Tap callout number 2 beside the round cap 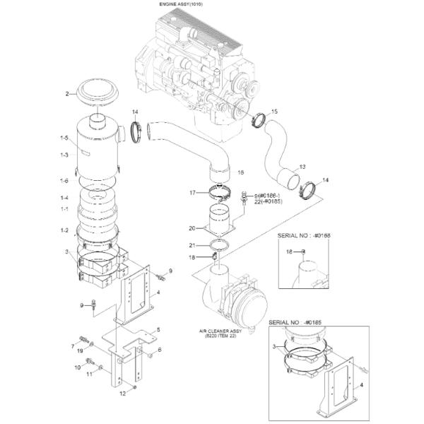[x=68, y=93]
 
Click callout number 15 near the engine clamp [x=274, y=112]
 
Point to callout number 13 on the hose [x=302, y=167]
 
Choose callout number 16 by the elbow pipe [x=240, y=172]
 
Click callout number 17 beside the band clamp [x=192, y=192]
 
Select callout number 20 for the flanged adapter [x=192, y=228]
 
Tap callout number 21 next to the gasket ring [x=192, y=245]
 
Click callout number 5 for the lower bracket [x=158, y=329]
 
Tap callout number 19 [x=80, y=351]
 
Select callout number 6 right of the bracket [x=160, y=350]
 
